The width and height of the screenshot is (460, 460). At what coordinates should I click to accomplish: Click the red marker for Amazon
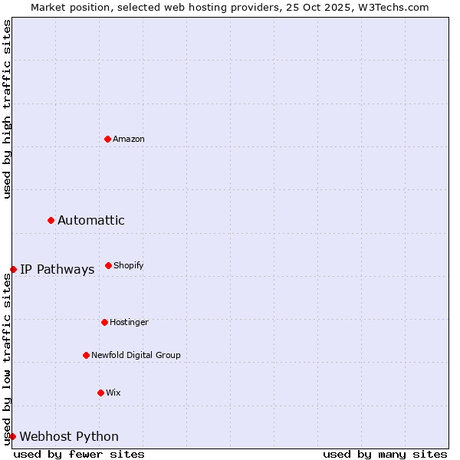107,139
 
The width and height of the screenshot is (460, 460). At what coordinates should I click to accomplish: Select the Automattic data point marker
51,220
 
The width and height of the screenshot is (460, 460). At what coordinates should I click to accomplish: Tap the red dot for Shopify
108,265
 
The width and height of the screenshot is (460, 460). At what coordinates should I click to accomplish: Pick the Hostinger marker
104,322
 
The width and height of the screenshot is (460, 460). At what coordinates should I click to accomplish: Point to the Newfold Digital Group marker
86,355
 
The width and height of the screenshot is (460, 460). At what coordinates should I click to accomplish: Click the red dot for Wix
100,393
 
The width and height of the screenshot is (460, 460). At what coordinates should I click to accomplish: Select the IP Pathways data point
13,269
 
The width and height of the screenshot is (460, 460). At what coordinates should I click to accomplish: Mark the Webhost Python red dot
12,436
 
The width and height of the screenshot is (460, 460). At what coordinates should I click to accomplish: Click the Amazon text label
129,139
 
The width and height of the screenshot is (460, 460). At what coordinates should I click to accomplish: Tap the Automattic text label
91,220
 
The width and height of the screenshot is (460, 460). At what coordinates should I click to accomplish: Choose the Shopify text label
129,265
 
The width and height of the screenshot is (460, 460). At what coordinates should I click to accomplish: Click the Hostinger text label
129,322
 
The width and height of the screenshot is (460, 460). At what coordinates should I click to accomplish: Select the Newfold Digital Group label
136,355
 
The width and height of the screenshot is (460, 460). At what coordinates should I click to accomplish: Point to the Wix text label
113,393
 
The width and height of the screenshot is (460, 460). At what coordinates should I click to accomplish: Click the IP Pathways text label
57,269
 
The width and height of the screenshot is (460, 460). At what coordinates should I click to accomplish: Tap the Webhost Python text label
69,436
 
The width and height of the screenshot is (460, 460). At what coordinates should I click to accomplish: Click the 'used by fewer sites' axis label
79,454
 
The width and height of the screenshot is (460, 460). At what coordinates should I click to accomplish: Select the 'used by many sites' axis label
385,454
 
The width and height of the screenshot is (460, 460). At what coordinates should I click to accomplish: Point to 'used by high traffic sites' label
7,109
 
